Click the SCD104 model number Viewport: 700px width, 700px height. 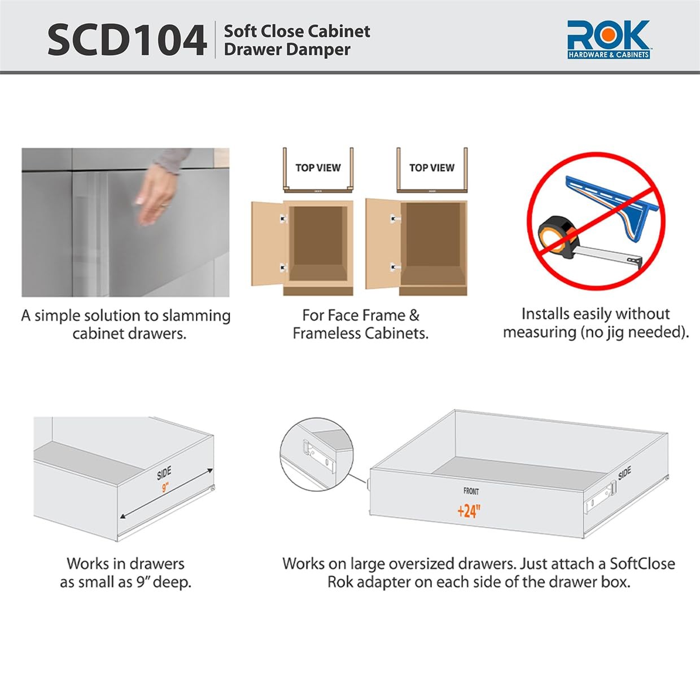(126, 40)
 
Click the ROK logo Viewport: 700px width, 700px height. (608, 38)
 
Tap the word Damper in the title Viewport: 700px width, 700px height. (319, 50)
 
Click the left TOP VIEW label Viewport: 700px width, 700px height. (318, 168)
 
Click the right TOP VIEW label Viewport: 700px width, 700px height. (432, 168)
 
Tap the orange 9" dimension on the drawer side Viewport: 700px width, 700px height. (165, 487)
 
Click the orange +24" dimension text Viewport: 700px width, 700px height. (469, 511)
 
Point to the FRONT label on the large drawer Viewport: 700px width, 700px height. (471, 491)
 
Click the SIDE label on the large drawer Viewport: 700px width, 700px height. (624, 474)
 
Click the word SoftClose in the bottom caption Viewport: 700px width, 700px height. (642, 564)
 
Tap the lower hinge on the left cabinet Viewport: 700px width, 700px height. (283, 267)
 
